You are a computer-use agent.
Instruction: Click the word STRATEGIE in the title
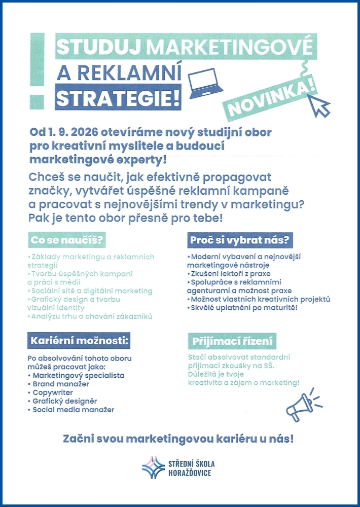(118, 98)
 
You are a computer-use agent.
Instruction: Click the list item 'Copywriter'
(53, 392)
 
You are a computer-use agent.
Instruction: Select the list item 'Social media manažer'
(73, 409)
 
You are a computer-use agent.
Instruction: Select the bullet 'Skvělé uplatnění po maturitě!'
(250, 308)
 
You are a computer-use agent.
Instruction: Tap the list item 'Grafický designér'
(64, 401)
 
